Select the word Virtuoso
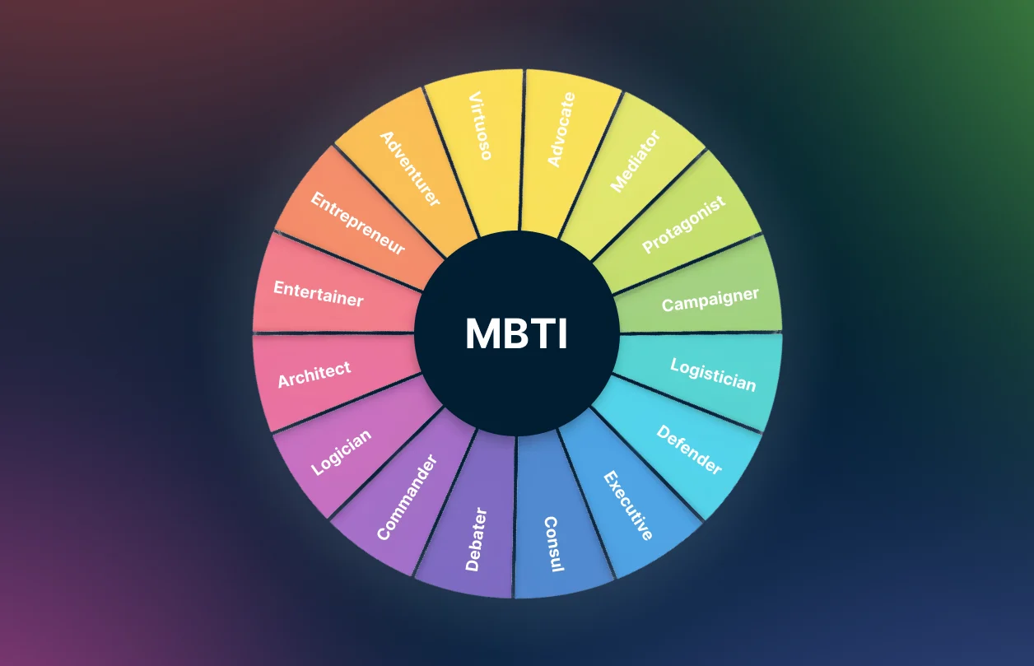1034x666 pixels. click(480, 127)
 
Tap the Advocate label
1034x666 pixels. click(561, 129)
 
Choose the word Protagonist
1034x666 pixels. click(684, 224)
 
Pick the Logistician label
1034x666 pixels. click(713, 375)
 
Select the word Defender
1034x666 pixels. click(689, 449)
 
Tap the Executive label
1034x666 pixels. click(628, 505)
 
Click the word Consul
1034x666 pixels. click(553, 544)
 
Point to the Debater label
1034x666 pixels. click(476, 539)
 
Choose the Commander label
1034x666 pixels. click(406, 496)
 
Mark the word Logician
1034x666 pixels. click(341, 452)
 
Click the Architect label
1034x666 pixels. click(314, 375)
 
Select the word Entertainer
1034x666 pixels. click(318, 293)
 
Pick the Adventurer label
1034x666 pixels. click(409, 168)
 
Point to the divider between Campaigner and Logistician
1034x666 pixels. click(700, 333)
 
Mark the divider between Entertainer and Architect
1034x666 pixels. click(333, 333)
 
